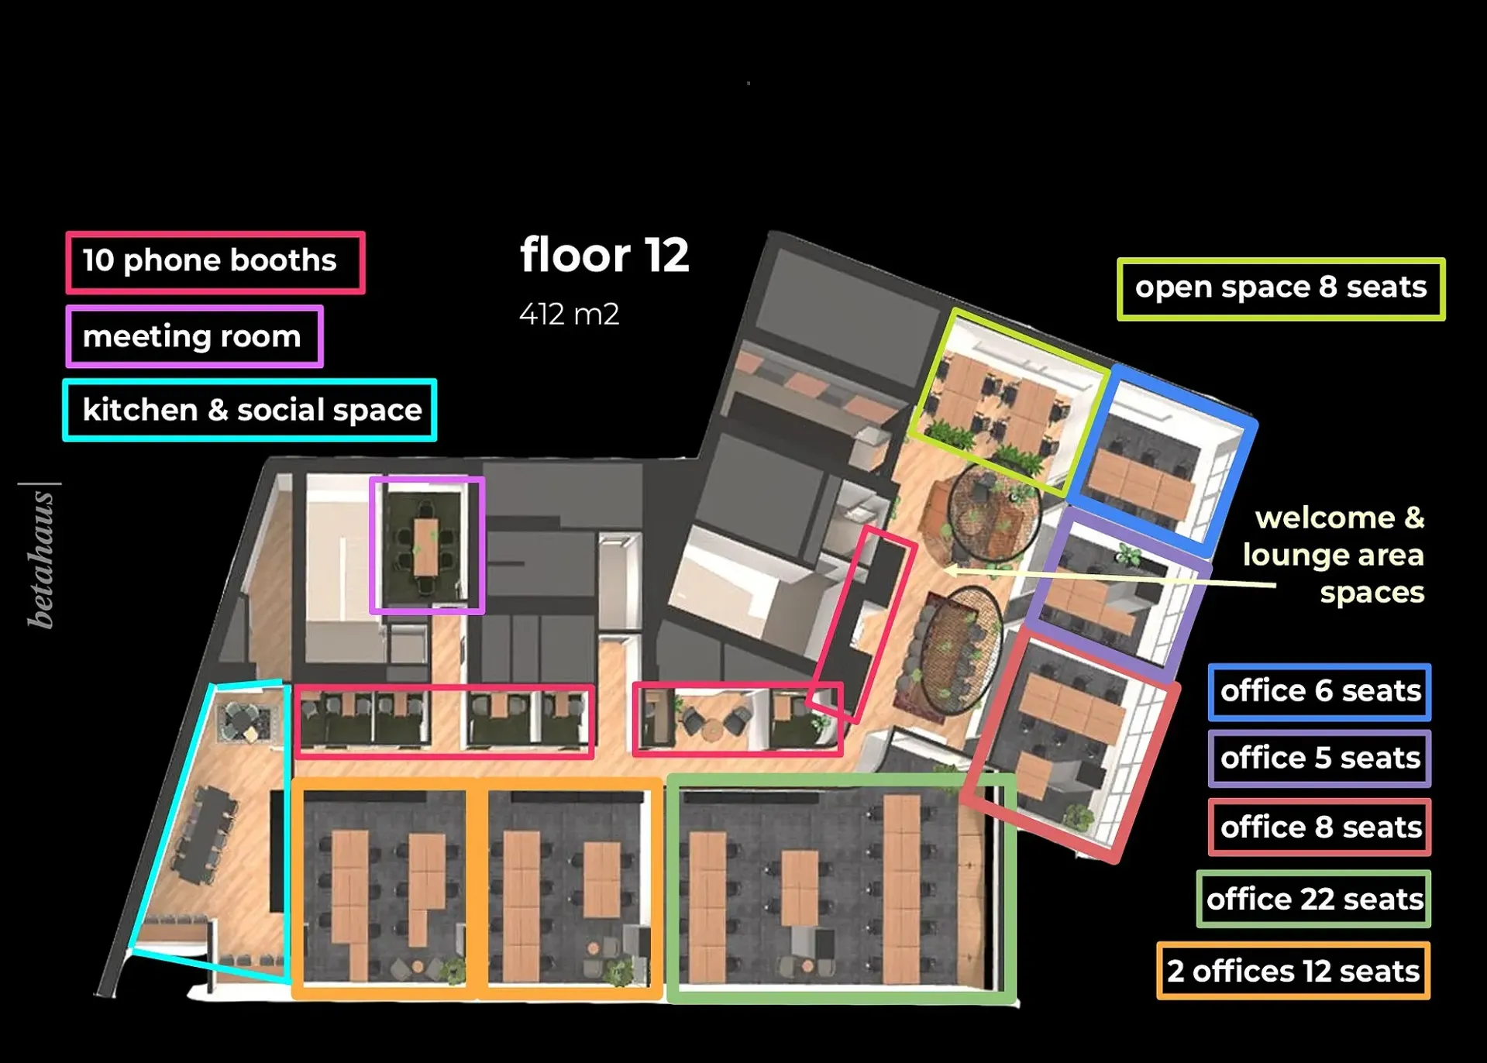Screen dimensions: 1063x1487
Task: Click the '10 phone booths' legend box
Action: coord(215,262)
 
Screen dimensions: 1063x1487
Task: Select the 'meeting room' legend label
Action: coord(194,336)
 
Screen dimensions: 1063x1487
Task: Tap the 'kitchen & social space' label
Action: coord(250,410)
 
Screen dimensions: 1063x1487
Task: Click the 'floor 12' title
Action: coord(604,255)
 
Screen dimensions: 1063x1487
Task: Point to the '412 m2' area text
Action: coord(569,315)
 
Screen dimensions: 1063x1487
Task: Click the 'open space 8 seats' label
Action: coord(1280,288)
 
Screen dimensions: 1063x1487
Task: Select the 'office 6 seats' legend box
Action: coord(1319,691)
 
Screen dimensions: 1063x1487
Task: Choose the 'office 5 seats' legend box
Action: coord(1319,759)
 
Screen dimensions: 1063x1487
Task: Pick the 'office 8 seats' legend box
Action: coord(1319,827)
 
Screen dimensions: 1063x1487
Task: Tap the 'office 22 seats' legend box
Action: coord(1313,900)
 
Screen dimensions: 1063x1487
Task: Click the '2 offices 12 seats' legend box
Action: coord(1293,971)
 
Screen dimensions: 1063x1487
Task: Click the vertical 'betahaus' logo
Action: coord(40,559)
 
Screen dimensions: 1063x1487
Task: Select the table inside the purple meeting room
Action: coord(425,547)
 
